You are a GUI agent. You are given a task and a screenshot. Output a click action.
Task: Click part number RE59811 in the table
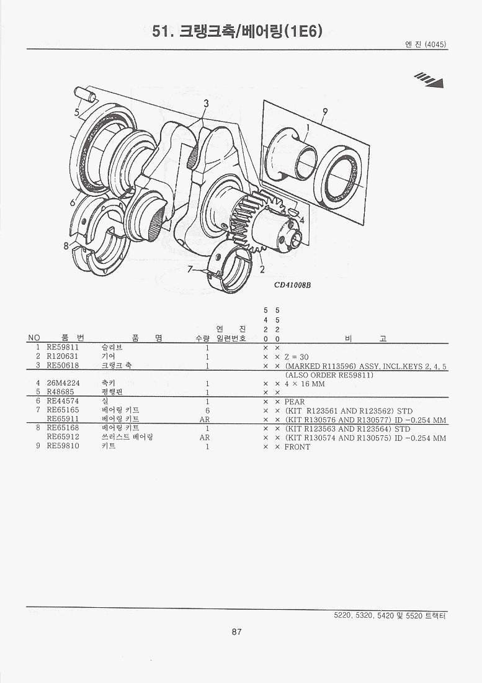(x=63, y=348)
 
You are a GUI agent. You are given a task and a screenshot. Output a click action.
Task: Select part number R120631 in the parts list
(x=63, y=356)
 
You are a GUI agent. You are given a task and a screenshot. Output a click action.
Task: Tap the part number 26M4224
(x=63, y=383)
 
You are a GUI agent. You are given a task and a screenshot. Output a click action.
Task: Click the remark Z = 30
(x=297, y=357)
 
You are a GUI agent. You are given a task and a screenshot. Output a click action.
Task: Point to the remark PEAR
(x=295, y=402)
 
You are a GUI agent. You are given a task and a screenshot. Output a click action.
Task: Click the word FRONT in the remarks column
(x=297, y=446)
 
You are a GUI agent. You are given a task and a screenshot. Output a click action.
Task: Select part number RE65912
(x=63, y=436)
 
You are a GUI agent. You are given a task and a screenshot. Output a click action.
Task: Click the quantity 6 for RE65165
(x=208, y=410)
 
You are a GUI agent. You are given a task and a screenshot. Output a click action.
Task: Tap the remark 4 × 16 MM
(x=305, y=384)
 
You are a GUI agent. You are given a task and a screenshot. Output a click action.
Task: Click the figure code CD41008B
(x=292, y=285)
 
